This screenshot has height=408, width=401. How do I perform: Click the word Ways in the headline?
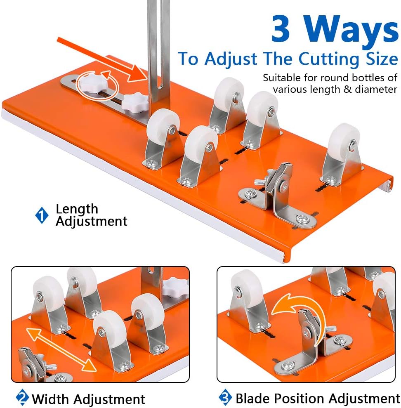coord(351,32)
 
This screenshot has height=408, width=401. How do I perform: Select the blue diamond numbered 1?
coord(42,215)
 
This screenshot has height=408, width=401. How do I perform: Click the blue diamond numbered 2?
coord(22,397)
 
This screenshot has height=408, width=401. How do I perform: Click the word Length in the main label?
coord(77,209)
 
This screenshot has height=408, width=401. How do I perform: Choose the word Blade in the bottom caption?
coord(252,399)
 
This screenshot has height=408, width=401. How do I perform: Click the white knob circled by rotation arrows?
coord(93,84)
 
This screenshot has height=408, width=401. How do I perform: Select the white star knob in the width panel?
coord(175,287)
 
